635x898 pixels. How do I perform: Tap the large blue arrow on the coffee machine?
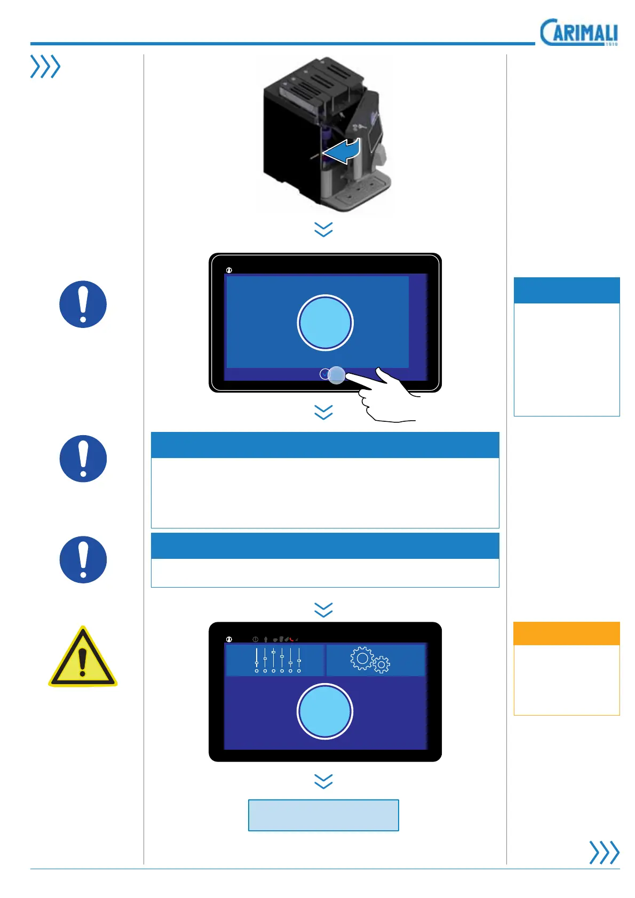click(x=342, y=151)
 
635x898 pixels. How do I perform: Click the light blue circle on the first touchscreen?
click(x=325, y=323)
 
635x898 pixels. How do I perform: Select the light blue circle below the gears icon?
click(x=325, y=711)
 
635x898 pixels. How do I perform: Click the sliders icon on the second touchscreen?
click(x=277, y=660)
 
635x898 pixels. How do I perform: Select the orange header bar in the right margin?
click(x=566, y=634)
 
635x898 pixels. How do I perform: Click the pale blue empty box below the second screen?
click(x=323, y=815)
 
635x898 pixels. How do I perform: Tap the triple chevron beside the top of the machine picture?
click(x=45, y=67)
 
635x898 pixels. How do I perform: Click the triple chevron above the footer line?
click(x=604, y=852)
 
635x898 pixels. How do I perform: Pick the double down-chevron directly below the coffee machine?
click(x=323, y=229)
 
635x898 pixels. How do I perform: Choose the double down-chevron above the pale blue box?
click(x=323, y=781)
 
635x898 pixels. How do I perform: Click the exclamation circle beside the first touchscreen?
click(x=83, y=304)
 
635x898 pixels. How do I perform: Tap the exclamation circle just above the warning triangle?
click(x=83, y=559)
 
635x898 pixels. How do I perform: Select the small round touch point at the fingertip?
click(x=336, y=375)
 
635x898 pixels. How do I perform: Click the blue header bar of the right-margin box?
click(x=566, y=290)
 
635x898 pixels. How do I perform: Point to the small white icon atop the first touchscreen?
click(x=229, y=270)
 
